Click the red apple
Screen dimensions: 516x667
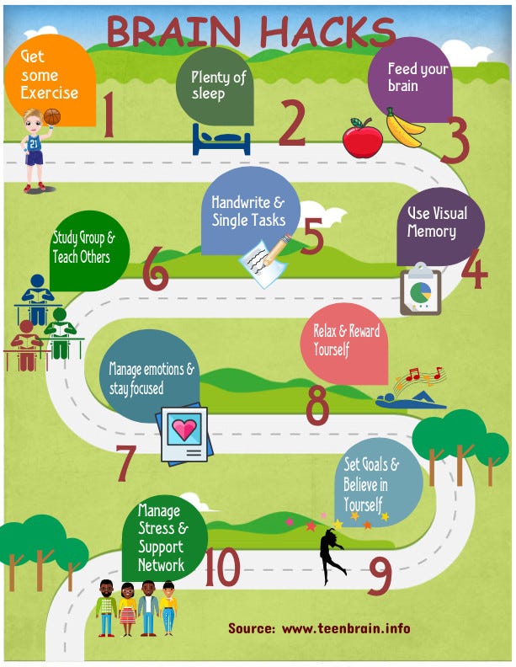[x=363, y=138]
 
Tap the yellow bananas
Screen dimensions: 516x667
[x=404, y=128]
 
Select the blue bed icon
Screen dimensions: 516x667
[x=221, y=139]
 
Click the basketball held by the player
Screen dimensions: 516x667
[x=52, y=116]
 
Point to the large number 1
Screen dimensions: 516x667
[x=108, y=115]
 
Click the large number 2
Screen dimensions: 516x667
[x=291, y=123]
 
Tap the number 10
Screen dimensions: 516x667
[x=222, y=567]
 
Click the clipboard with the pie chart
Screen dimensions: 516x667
[x=420, y=289]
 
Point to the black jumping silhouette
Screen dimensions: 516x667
[x=332, y=556]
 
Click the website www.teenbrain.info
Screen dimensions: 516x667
[x=346, y=628]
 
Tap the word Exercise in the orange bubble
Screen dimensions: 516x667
[x=50, y=92]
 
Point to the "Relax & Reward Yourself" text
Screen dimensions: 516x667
[x=346, y=339]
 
